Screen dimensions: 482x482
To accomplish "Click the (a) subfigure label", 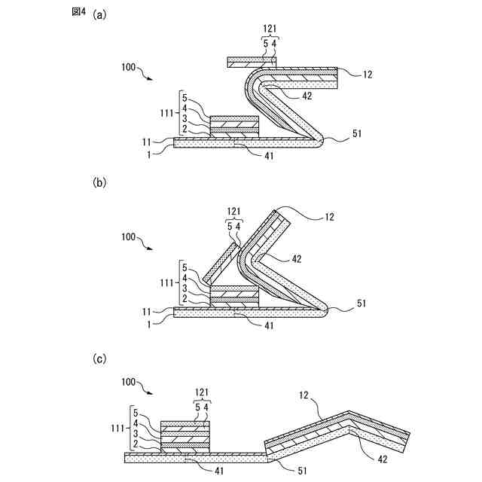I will click(x=99, y=14).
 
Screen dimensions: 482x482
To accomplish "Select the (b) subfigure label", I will click(x=99, y=182).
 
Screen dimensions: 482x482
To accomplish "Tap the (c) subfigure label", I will click(x=99, y=359).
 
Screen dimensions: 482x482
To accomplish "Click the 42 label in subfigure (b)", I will click(x=296, y=258).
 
